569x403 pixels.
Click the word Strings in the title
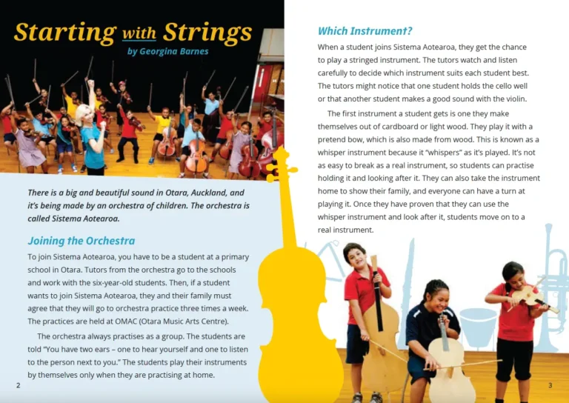[x=208, y=33]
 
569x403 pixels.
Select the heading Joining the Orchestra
[x=81, y=241]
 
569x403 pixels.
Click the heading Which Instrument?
[x=365, y=31]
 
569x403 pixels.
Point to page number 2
[x=18, y=385]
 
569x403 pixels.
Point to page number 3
[x=550, y=385]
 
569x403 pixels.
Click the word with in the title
[x=139, y=34]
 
